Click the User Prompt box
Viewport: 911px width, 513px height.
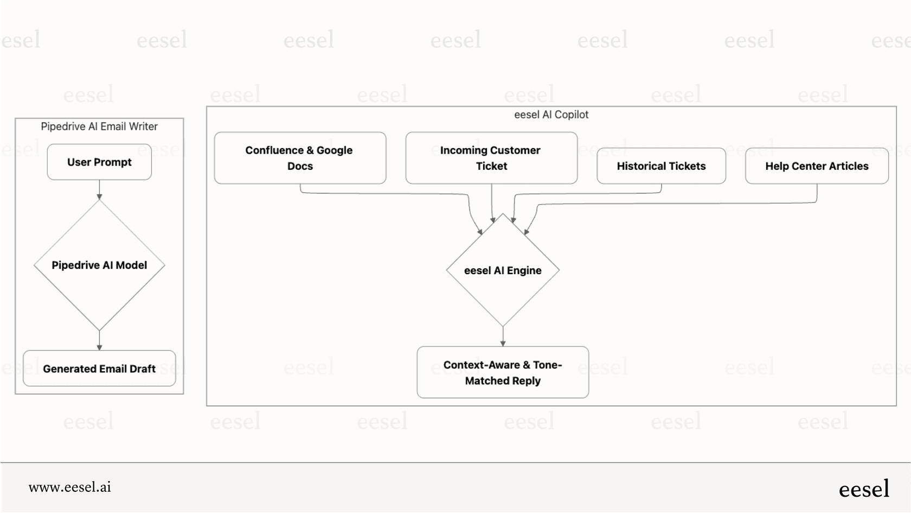[x=99, y=162]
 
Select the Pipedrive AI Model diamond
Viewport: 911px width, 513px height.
[x=99, y=265]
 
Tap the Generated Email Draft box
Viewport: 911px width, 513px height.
[x=99, y=369]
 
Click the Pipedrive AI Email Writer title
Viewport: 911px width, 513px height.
[x=99, y=126]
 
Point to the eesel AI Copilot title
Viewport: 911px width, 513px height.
[x=551, y=115]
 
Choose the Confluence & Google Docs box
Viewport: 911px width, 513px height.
[x=300, y=158]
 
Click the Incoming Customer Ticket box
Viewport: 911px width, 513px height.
[x=491, y=158]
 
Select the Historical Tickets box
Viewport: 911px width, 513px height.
[x=661, y=166]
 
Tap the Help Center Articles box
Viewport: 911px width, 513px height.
[x=817, y=166]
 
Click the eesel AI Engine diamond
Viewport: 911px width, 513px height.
[x=503, y=270]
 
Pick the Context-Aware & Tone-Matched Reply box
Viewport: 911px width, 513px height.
[x=503, y=372]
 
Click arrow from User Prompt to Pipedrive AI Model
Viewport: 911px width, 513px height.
[x=99, y=189]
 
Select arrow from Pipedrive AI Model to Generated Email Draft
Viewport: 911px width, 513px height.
[x=99, y=340]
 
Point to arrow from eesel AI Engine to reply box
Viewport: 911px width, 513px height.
[x=503, y=336]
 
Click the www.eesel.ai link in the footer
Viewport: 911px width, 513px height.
[x=70, y=487]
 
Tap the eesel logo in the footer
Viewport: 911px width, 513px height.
[x=864, y=489]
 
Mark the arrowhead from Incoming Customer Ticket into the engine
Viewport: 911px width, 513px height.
[x=492, y=220]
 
